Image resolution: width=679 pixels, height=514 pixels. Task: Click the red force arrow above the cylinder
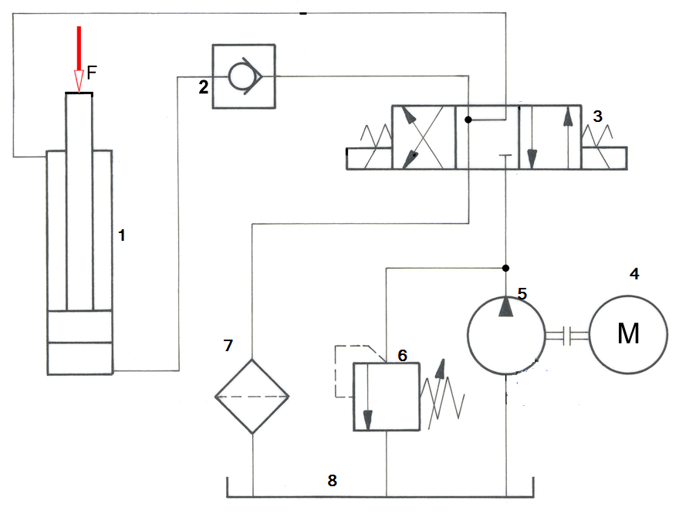point(79,59)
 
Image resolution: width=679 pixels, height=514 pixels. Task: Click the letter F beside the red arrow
point(91,73)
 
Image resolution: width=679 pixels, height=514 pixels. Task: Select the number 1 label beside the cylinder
point(122,235)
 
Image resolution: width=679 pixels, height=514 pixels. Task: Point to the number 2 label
point(203,87)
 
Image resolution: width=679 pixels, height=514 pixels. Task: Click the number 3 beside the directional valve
point(597,116)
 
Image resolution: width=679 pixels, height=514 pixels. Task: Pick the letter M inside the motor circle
point(628,333)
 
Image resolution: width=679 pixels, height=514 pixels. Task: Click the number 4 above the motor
point(634,274)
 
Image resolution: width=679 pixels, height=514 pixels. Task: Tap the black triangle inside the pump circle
point(506,306)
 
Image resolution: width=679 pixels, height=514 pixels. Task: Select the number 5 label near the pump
point(522,293)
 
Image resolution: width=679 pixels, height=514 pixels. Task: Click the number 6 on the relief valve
point(402,356)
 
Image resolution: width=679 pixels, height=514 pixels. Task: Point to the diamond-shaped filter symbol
point(252,396)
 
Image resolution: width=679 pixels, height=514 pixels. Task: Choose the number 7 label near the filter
point(228,346)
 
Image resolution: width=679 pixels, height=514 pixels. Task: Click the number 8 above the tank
point(332,480)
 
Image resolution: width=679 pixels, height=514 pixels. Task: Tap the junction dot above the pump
point(505,268)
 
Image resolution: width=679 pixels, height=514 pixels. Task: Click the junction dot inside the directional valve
point(468,120)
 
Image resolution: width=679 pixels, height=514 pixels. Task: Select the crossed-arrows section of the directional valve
point(424,137)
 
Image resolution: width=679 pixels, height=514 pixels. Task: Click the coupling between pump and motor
point(567,335)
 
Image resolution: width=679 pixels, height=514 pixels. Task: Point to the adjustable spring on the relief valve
point(441,394)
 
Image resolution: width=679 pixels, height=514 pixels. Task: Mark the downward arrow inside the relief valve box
point(367,397)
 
